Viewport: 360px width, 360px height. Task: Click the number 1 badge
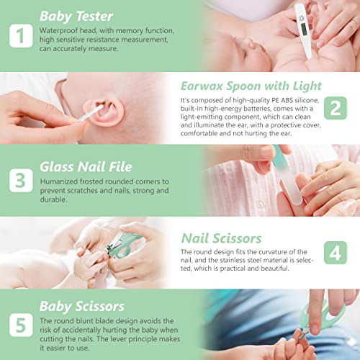click(x=21, y=35)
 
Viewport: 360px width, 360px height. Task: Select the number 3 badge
click(x=21, y=179)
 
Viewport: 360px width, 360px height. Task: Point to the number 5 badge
click(x=21, y=324)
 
